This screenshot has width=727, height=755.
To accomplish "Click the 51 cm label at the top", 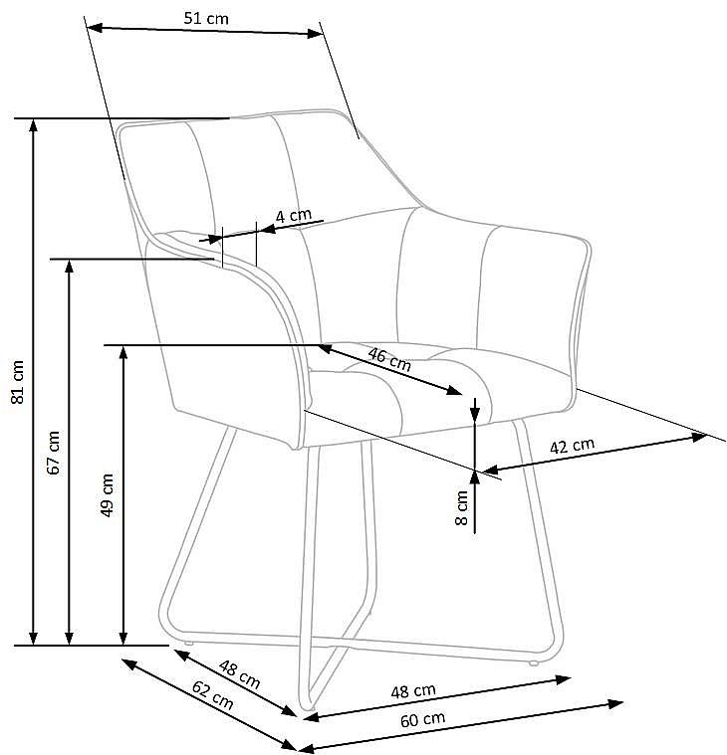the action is [206, 18].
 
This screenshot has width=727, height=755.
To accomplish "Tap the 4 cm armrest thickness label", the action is [294, 215].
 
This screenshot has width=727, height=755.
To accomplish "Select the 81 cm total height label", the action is [17, 382].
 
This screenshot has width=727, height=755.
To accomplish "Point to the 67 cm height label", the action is [54, 453].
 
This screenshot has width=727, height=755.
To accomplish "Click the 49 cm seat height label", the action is [107, 495].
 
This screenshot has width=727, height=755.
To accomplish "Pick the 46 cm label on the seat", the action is [389, 359].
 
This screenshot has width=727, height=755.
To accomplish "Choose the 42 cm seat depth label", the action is [573, 446].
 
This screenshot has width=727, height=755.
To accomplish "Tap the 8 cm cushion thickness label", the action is [461, 507].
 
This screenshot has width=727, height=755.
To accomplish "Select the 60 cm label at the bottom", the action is [423, 720].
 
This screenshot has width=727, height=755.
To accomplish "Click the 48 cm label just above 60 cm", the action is [413, 691].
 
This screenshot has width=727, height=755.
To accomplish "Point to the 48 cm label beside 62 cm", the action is [240, 674].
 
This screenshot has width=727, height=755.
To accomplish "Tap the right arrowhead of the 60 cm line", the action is [615, 704].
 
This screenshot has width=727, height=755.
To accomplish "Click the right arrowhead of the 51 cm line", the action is [315, 34].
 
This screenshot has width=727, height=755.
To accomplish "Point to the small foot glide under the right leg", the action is [533, 663].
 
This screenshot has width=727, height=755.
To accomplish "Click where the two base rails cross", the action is [344, 643].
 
